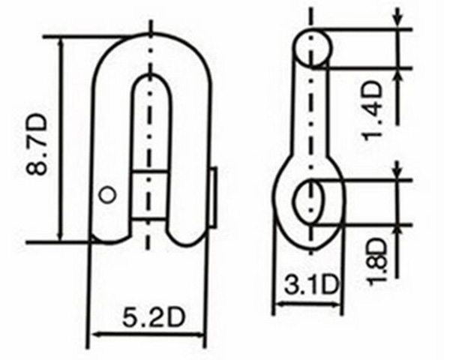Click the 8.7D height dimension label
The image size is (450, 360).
click(x=37, y=144)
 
